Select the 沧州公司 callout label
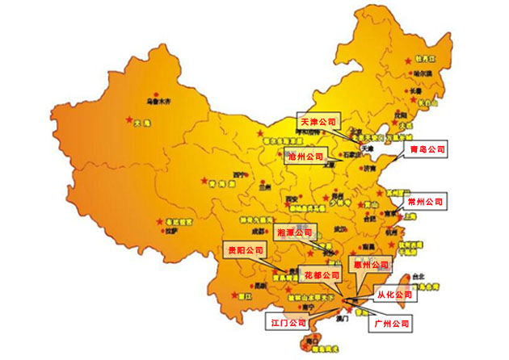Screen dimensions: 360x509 (305, 157)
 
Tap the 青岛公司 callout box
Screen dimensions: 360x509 (427, 150)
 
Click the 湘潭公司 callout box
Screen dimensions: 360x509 (294, 232)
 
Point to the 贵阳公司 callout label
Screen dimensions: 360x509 (243, 249)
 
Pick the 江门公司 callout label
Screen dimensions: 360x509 (288, 322)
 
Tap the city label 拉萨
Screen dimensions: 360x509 (170, 230)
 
